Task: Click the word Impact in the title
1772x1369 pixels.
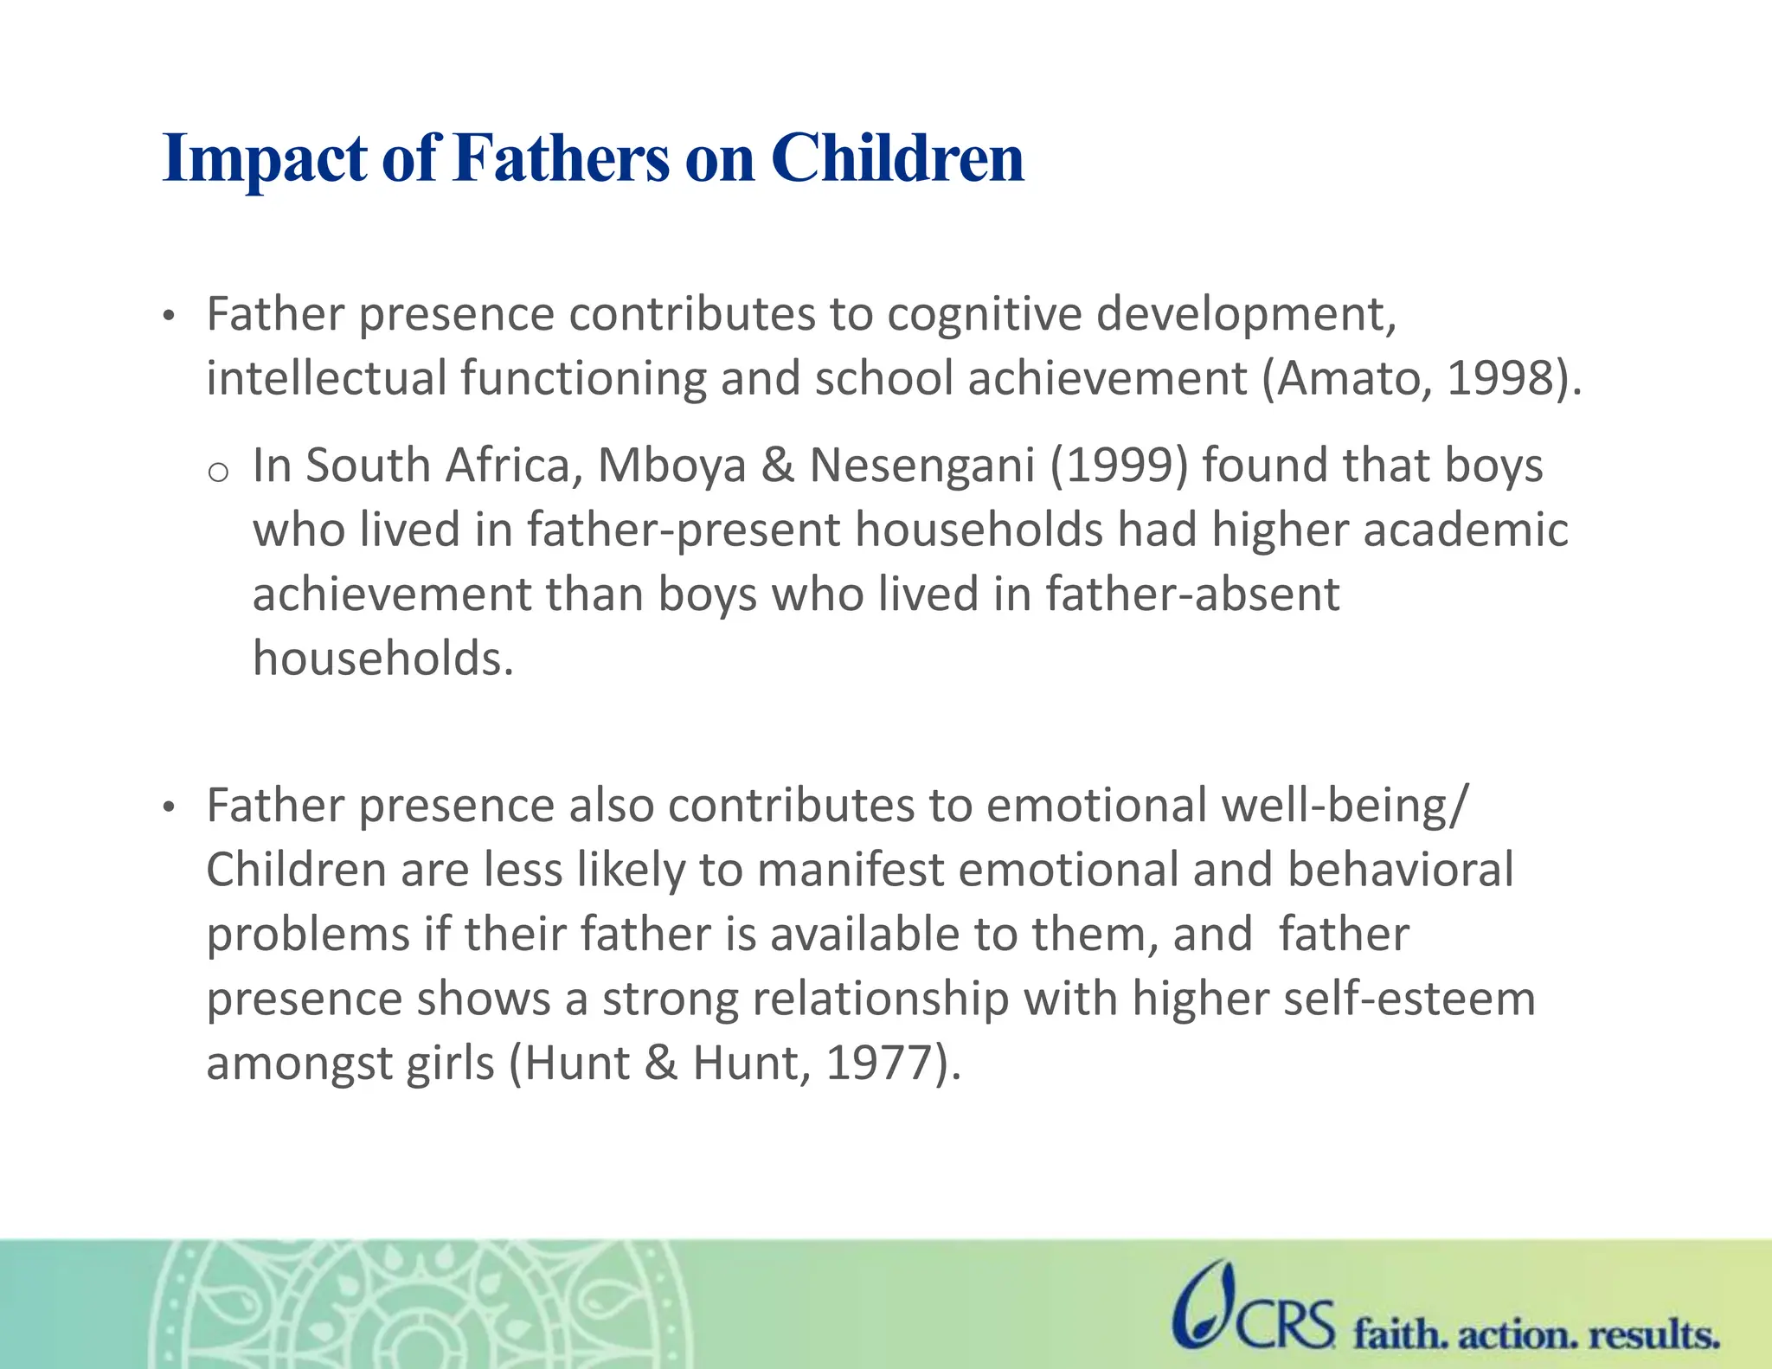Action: click(x=265, y=160)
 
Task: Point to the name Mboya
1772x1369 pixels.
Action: click(x=671, y=466)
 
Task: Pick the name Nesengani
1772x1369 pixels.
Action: click(x=921, y=466)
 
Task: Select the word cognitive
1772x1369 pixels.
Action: click(x=984, y=314)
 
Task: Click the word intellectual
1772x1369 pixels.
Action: click(x=326, y=378)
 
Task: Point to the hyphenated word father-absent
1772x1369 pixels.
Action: click(x=1192, y=595)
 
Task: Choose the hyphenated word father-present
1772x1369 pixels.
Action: click(x=684, y=530)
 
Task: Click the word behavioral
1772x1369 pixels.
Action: click(x=1400, y=870)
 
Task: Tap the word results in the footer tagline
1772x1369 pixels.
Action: click(x=1653, y=1334)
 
